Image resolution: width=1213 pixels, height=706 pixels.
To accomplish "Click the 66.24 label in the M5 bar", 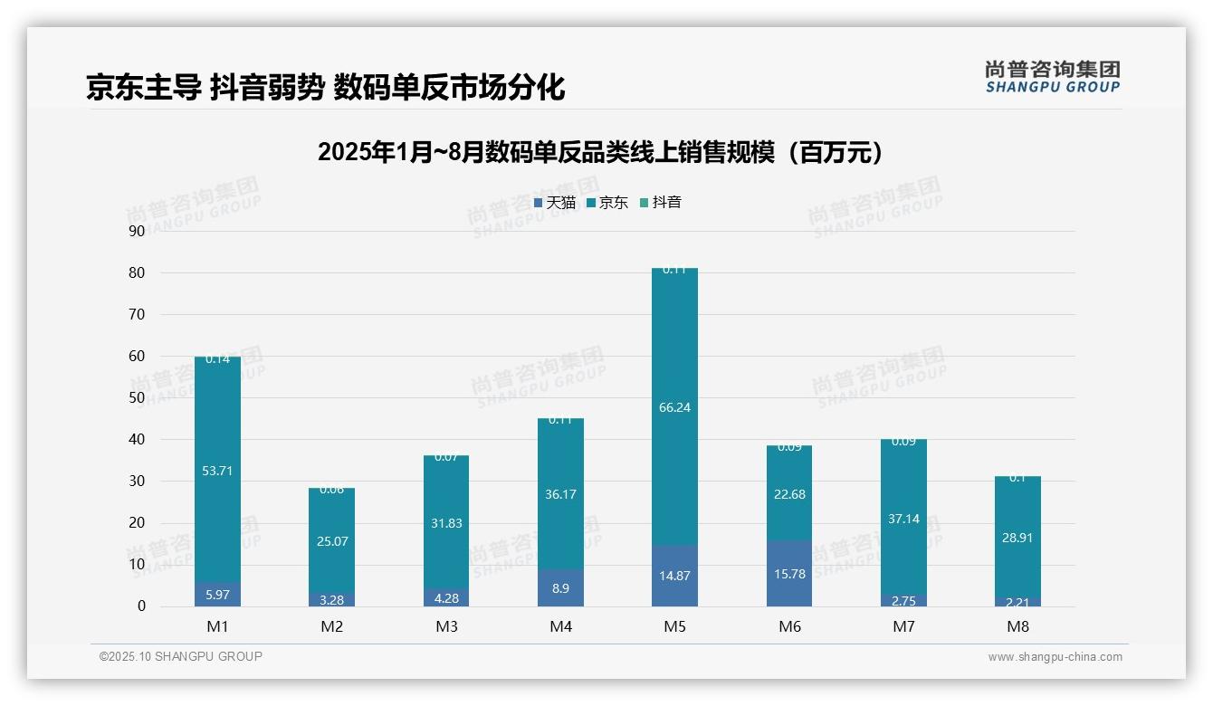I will (675, 407).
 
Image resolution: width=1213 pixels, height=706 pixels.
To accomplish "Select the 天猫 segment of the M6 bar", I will (789, 574).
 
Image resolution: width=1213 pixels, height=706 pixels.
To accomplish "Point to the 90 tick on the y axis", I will (137, 231).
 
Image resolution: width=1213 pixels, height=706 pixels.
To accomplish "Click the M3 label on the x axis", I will (446, 626).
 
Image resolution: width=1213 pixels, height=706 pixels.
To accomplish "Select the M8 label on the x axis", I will (1017, 626).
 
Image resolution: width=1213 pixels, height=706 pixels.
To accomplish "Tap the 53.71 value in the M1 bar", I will (218, 471).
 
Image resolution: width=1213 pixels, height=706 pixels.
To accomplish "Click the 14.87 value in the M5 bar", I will (675, 576).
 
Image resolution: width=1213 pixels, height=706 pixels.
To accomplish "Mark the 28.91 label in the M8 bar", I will (1017, 538).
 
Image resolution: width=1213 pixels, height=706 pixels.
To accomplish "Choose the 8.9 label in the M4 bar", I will (560, 587).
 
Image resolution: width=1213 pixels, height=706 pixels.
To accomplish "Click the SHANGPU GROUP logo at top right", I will (1052, 76).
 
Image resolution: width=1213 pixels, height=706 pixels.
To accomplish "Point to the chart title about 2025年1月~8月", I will (600, 152).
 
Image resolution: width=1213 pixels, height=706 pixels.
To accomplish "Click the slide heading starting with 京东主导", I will (326, 88).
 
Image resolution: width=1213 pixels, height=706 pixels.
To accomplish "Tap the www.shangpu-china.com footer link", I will (1055, 657).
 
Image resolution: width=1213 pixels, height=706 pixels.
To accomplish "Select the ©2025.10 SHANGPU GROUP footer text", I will (181, 657).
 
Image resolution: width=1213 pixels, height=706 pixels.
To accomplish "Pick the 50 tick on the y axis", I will (137, 397).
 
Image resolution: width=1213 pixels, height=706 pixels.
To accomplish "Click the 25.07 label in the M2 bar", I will (332, 541).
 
